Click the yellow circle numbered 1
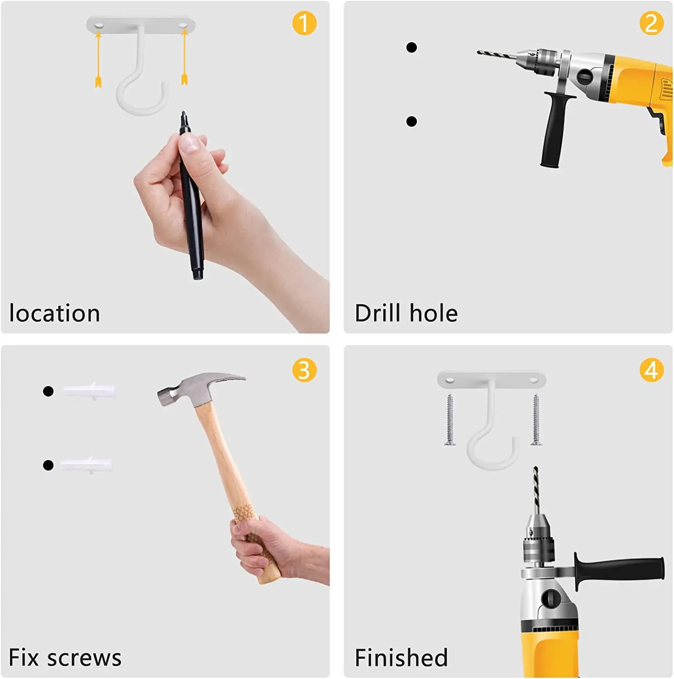point(304,23)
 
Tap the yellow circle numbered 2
point(651,23)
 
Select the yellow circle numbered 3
point(304,370)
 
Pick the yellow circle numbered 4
point(651,370)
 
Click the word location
point(54,313)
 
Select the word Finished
point(402,658)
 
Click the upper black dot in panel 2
point(411,47)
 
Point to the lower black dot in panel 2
point(411,121)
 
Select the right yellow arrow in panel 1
point(184,56)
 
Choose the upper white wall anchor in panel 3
point(89,391)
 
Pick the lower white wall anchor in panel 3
point(86,465)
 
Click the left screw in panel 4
point(449,420)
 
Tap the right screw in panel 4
point(536,420)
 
